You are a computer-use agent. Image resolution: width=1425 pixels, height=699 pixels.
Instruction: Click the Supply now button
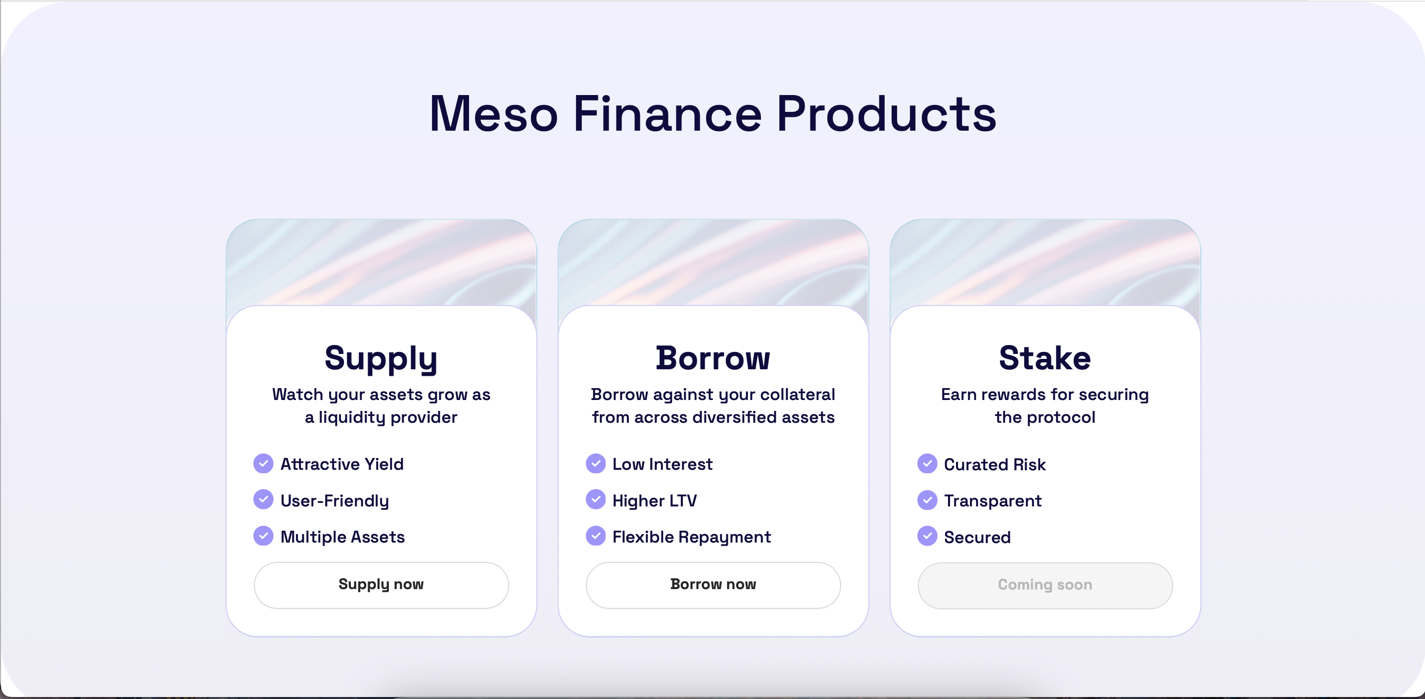381,585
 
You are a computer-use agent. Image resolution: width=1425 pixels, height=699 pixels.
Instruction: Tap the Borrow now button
713,585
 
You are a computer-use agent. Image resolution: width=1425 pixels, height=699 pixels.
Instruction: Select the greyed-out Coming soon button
1045,586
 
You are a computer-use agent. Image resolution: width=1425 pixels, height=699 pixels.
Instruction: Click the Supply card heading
381,358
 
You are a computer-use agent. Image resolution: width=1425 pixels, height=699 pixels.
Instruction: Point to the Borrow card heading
713,358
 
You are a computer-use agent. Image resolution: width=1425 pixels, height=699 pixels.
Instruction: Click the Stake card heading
1045,358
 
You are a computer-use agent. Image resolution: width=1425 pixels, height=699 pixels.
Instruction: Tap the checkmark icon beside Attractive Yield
263,463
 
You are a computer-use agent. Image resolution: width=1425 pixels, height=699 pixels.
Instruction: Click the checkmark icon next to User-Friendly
263,499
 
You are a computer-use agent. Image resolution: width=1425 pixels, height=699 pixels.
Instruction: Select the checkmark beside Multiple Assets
263,536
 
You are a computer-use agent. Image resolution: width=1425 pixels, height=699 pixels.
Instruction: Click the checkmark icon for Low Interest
596,463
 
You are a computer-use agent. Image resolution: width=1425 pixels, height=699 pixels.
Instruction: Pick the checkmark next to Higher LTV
596,499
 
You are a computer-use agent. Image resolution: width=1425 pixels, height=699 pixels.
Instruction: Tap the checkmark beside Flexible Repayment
596,536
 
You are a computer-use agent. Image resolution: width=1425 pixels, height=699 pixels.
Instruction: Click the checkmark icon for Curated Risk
927,464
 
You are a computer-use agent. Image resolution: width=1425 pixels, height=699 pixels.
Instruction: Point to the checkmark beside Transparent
927,500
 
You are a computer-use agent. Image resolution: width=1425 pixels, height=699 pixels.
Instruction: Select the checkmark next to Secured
927,536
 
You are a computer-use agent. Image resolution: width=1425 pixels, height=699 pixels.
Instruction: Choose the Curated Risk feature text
995,465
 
